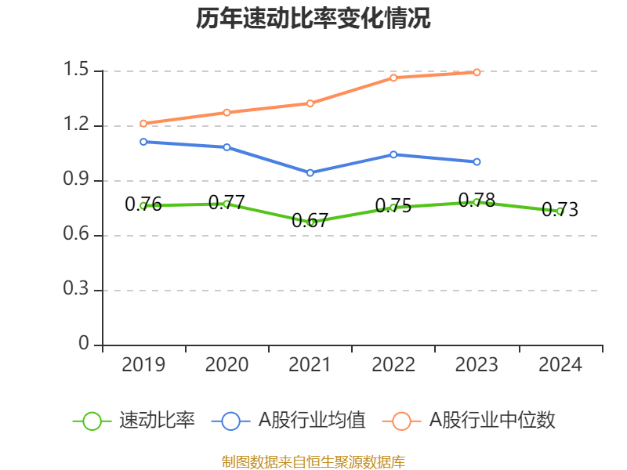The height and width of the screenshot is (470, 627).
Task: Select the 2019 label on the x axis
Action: [143, 365]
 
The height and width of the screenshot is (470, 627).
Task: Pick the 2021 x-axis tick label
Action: [310, 365]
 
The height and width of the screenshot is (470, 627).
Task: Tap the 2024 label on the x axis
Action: [560, 365]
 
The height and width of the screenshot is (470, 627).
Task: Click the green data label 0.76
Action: [143, 205]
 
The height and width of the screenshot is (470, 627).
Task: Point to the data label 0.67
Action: [310, 221]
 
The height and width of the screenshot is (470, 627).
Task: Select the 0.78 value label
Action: [477, 201]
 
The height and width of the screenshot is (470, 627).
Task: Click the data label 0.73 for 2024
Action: [560, 210]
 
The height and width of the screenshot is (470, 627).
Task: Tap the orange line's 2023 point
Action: [477, 72]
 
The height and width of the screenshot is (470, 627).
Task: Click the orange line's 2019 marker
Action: [143, 123]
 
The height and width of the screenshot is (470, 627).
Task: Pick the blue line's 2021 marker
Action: [310, 172]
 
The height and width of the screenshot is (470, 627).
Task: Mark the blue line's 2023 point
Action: [477, 161]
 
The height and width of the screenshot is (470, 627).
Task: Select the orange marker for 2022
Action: [393, 78]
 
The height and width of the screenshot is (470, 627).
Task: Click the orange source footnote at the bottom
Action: [313, 461]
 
